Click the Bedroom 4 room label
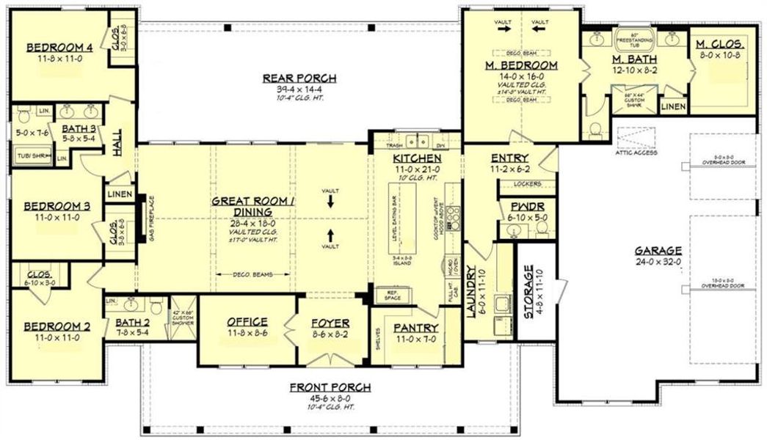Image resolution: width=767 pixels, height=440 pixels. click(60, 49)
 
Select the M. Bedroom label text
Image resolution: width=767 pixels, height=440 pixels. click(521, 65)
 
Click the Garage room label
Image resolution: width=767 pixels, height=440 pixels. click(658, 249)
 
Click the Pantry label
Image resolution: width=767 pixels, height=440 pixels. click(415, 328)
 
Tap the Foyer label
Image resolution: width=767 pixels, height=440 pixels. click(330, 323)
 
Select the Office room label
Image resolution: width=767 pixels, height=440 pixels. click(247, 322)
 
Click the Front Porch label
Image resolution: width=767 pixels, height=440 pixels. click(330, 387)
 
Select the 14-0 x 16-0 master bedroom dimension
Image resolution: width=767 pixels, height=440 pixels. click(520, 75)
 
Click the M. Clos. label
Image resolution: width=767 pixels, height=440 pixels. click(721, 44)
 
